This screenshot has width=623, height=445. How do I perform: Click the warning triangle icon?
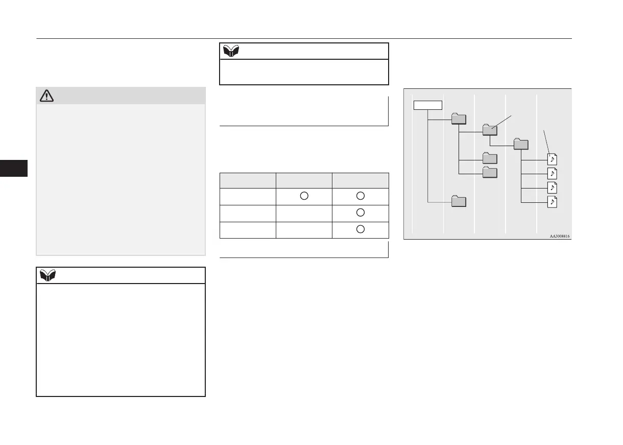[x=47, y=96]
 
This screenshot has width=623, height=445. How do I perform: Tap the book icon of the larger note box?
[x=47, y=275]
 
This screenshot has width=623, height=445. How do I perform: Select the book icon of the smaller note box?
[x=231, y=51]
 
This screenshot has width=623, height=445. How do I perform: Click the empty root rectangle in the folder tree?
[x=427, y=105]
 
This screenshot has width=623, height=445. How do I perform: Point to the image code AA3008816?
[x=560, y=237]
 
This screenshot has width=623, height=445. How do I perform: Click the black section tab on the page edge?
[x=14, y=168]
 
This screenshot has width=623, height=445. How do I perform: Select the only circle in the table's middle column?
[x=303, y=196]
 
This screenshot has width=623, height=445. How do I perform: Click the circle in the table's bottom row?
[x=360, y=229]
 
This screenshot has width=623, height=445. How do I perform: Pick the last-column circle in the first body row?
[x=360, y=196]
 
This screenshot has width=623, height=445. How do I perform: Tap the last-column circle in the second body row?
[x=360, y=213]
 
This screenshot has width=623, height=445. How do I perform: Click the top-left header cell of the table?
[x=248, y=180]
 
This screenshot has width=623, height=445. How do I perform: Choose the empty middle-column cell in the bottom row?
[x=304, y=229]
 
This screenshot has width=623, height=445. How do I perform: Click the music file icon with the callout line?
[x=552, y=158]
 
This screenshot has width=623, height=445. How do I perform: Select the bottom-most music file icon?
[x=552, y=202]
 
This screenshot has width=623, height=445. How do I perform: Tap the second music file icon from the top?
[x=552, y=173]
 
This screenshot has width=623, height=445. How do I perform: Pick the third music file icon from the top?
[x=552, y=188]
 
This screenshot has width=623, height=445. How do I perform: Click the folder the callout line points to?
[x=490, y=129]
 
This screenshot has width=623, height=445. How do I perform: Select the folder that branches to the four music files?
[x=521, y=144]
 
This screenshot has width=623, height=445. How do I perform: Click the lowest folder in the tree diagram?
[x=459, y=201]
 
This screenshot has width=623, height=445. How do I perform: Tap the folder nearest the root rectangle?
[x=459, y=119]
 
